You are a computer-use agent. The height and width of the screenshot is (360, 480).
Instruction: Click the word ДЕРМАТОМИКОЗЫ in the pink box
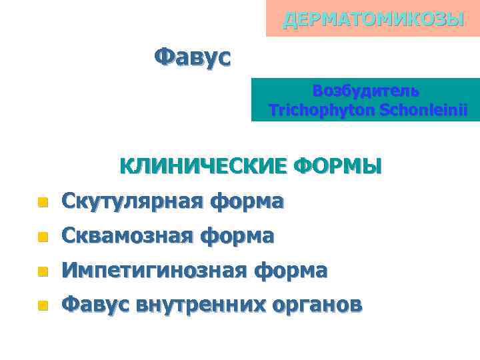point(373,19)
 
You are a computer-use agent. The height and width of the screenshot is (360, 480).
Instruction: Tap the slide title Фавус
point(192,57)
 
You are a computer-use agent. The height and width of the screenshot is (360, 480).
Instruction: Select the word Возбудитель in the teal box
point(366,91)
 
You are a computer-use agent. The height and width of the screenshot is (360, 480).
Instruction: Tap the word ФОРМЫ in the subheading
point(337,165)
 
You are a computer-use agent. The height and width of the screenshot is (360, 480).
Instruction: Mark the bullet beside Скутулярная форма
point(42,201)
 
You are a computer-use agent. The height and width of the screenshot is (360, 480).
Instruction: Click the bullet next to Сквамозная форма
point(42,236)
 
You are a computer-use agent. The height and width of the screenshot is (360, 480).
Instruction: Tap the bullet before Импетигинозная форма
point(42,271)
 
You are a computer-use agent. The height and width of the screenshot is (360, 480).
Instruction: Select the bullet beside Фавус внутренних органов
point(42,305)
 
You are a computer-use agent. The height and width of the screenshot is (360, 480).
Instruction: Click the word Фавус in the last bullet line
point(95,305)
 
